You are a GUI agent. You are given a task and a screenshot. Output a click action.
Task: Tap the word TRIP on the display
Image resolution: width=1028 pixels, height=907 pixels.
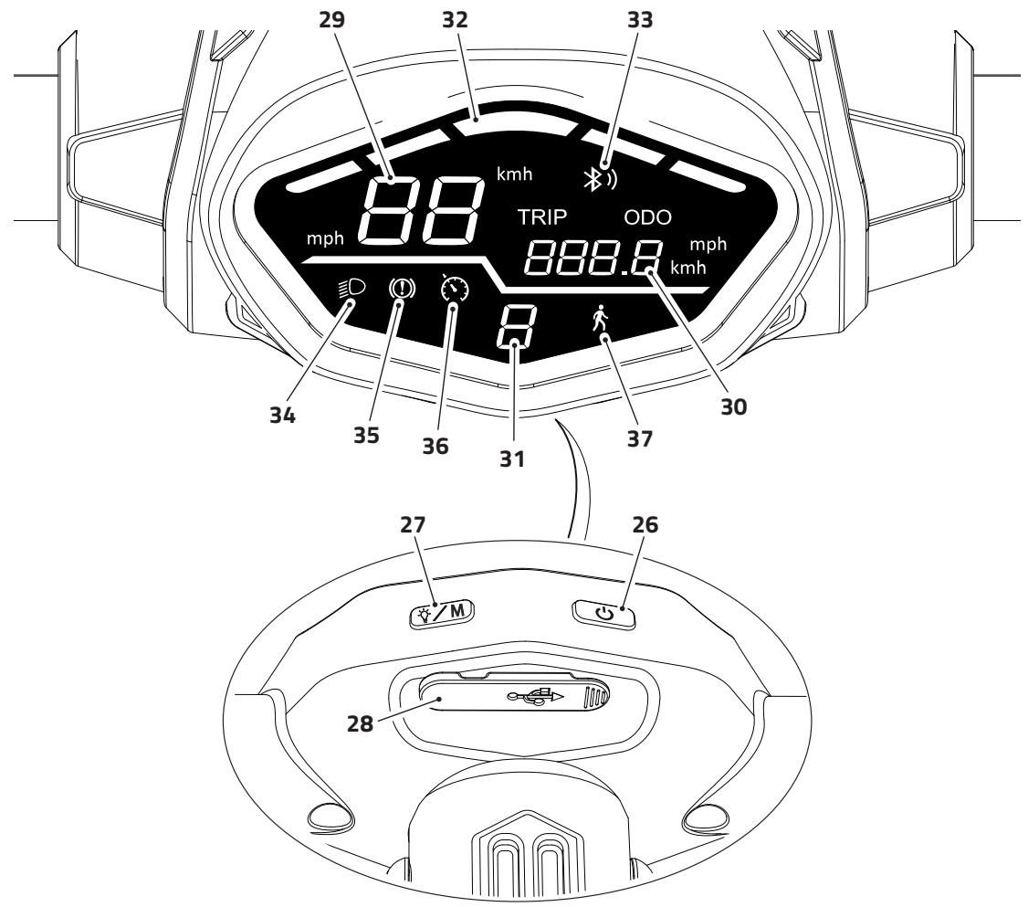542,217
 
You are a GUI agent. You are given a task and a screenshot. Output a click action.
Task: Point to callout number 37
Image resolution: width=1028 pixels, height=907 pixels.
639,438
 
